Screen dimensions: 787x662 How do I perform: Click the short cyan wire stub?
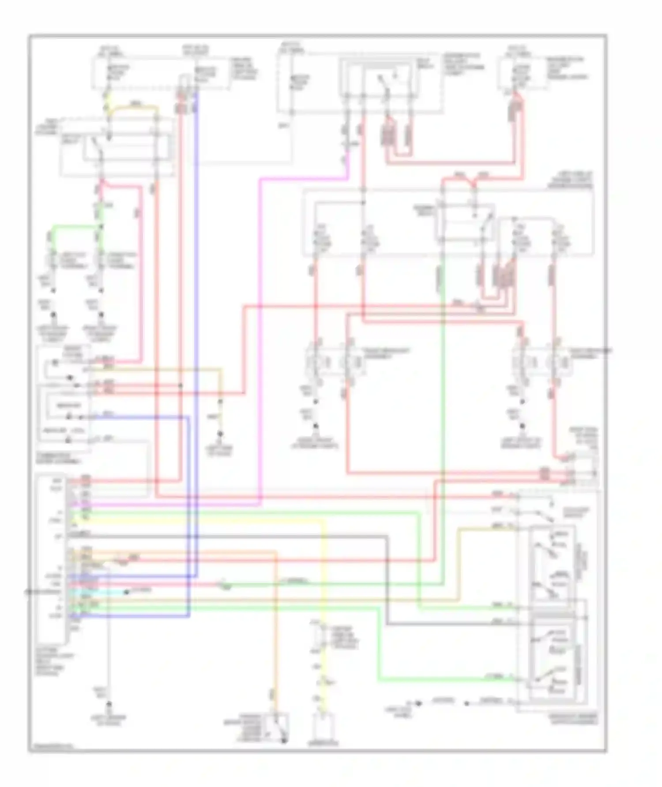point(106,592)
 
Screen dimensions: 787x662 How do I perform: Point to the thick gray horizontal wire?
point(265,537)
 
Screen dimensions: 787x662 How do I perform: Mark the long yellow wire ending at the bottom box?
point(324,574)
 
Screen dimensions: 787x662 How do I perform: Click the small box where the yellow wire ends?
point(324,728)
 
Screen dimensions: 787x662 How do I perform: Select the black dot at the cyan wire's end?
point(126,592)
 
